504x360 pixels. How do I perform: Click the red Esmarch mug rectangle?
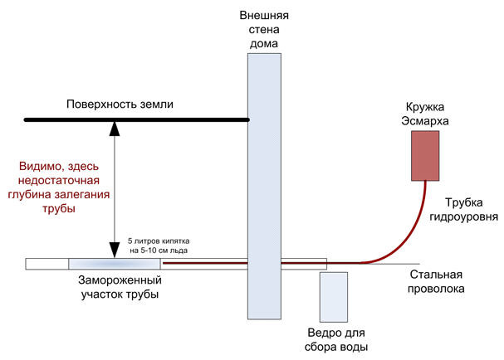point(425,156)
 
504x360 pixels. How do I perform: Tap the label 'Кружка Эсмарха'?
point(425,114)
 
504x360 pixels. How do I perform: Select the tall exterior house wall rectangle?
point(264,187)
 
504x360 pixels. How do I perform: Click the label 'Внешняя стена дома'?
point(264,29)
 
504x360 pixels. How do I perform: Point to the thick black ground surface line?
point(137,119)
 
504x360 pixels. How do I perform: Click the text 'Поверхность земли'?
point(120,104)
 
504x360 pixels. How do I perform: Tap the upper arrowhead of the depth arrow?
point(115,128)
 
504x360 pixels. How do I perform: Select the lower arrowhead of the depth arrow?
point(115,250)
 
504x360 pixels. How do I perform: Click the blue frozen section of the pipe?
point(115,264)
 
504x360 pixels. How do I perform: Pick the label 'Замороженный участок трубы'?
point(120,287)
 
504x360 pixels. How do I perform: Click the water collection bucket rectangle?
point(334,297)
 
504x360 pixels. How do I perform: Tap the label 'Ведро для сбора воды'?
point(336,340)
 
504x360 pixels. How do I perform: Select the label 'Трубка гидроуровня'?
point(464,209)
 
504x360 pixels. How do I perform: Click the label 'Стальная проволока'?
point(436,282)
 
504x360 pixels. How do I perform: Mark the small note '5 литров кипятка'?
point(159,241)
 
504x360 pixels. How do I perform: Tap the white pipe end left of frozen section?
point(47,264)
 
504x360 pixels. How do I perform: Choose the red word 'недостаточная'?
point(59,180)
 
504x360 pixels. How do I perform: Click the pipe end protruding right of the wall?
point(304,264)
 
